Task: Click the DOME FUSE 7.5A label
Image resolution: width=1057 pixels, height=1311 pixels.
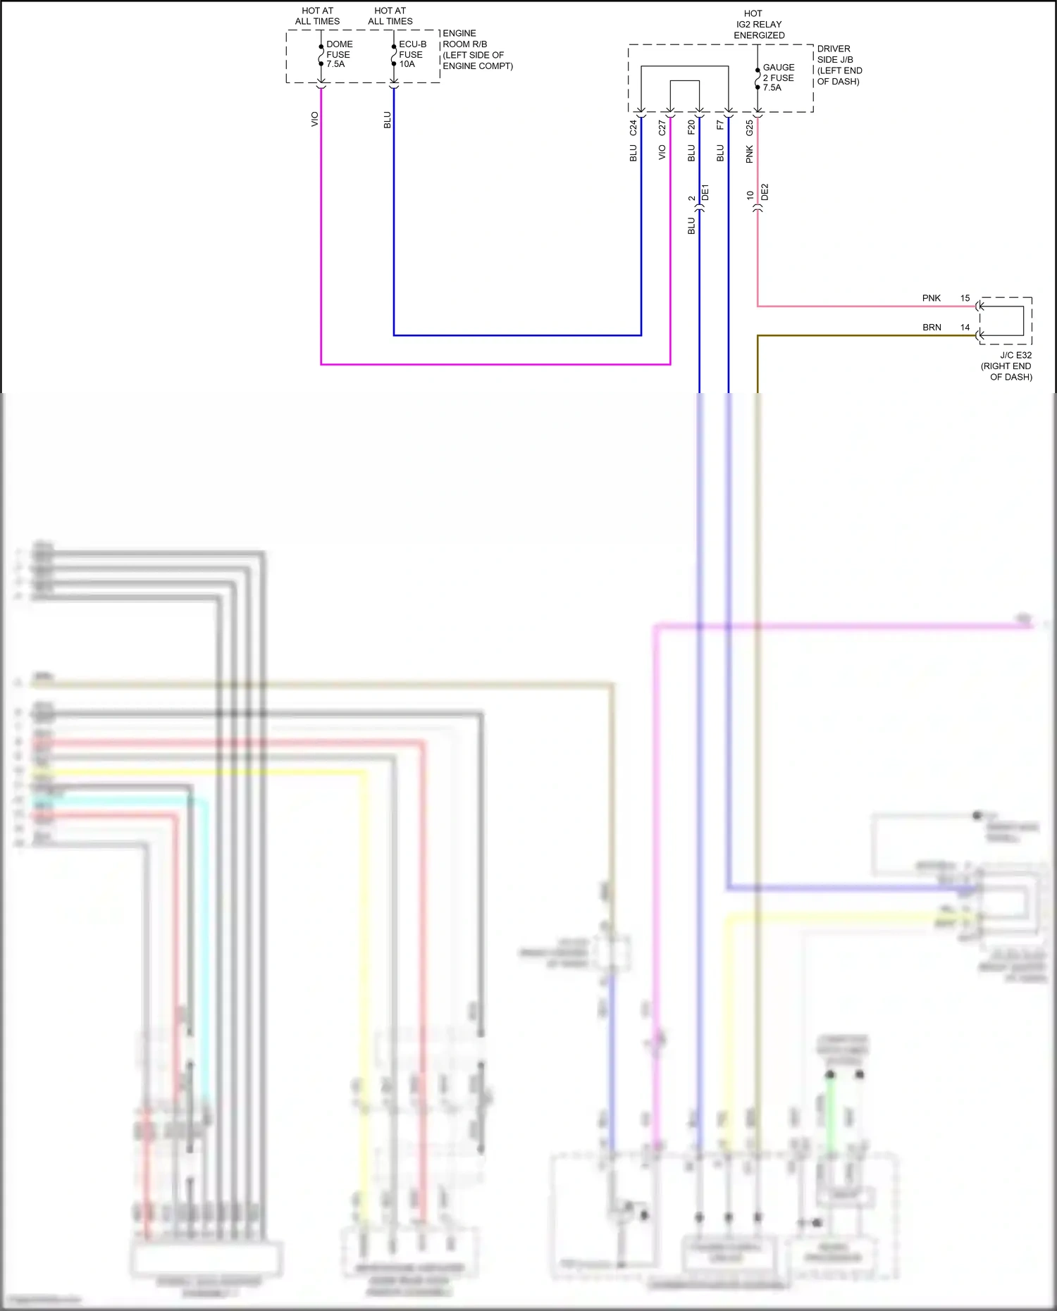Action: (x=339, y=54)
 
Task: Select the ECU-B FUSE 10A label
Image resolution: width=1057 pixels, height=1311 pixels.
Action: (x=412, y=54)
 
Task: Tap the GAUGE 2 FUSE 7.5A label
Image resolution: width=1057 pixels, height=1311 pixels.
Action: (x=778, y=77)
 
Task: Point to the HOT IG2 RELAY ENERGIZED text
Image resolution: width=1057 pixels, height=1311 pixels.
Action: (x=758, y=24)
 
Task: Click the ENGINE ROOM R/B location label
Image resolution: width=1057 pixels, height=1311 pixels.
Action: (x=476, y=49)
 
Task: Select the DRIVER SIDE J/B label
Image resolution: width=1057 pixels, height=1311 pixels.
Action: (x=839, y=65)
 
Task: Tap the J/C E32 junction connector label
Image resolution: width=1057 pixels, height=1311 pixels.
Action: (x=1008, y=366)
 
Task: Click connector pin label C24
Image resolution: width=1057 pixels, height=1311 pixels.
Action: (x=633, y=128)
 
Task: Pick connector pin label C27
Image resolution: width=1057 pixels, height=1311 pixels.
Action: (x=662, y=128)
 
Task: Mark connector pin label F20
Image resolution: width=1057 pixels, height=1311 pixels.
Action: (x=691, y=127)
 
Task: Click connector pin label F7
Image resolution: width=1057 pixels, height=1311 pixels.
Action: (x=720, y=125)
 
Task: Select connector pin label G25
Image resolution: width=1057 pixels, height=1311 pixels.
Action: (x=749, y=128)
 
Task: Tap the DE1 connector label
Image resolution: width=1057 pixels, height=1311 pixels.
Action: (x=705, y=192)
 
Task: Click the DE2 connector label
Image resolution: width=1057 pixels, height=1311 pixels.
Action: (x=765, y=192)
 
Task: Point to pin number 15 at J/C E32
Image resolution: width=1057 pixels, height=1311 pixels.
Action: (x=965, y=298)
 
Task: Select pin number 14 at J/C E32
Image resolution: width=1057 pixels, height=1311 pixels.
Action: (x=965, y=328)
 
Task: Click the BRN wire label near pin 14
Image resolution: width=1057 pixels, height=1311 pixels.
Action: (x=932, y=328)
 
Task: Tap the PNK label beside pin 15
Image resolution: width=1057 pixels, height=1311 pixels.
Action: (x=931, y=298)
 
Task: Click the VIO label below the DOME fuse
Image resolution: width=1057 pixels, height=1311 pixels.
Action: (x=314, y=119)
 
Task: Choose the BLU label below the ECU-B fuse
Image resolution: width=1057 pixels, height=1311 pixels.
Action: (x=387, y=120)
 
